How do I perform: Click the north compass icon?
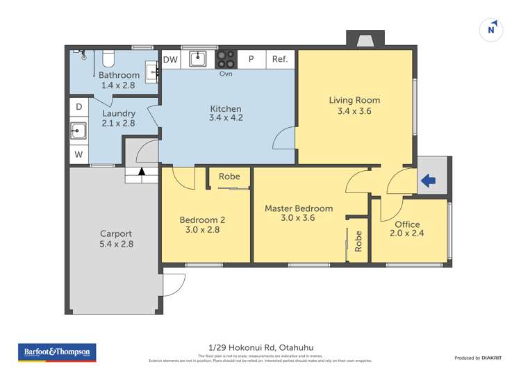point(492,28)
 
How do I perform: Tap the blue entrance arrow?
point(428,181)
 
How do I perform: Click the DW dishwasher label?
point(170,60)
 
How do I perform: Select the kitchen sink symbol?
point(198,58)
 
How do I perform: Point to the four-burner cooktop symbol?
point(226,58)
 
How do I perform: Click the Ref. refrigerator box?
point(280,60)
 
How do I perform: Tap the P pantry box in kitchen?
point(251,60)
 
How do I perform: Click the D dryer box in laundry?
point(78,107)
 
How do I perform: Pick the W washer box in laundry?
point(78,155)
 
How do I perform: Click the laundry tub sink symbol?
point(78,130)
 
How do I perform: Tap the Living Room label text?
point(354,100)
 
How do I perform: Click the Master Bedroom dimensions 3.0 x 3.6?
point(299,217)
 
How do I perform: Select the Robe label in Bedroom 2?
point(229,176)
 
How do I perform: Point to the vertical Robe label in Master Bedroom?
point(358,240)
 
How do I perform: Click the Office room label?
point(407,224)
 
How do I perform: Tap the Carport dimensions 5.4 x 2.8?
point(115,244)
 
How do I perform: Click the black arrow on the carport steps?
point(142,170)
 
